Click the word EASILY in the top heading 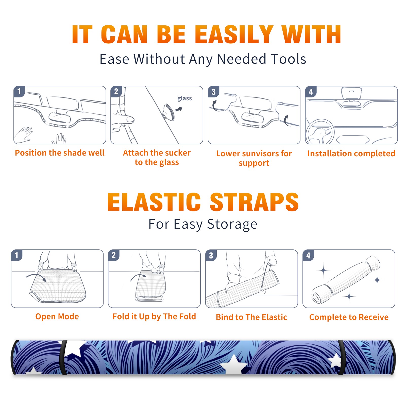tap(234, 35)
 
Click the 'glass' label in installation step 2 tap(184, 98)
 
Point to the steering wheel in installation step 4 tap(320, 132)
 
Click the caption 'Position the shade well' tap(60, 153)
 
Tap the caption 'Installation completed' tap(351, 154)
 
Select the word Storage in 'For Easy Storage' tap(232, 224)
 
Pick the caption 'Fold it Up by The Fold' tap(154, 317)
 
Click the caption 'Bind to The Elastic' tap(251, 317)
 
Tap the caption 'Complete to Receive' tap(349, 317)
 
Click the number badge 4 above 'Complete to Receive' tap(308, 255)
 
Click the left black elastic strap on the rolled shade tap(63, 357)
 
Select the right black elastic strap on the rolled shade tap(341, 357)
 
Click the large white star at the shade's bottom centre tap(233, 365)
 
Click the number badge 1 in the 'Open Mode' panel tap(17, 255)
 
